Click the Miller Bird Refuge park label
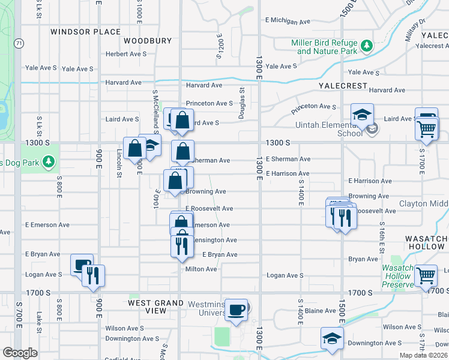pyautogui.click(x=324, y=47)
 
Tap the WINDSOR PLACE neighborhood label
pyautogui.click(x=85, y=32)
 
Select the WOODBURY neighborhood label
pyautogui.click(x=148, y=41)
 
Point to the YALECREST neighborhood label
pyautogui.click(x=343, y=86)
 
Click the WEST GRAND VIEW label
pyautogui.click(x=156, y=307)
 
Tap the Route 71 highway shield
pyautogui.click(x=20, y=43)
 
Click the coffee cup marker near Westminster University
pyautogui.click(x=237, y=310)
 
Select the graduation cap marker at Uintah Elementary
pyautogui.click(x=363, y=115)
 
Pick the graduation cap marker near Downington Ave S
pyautogui.click(x=332, y=339)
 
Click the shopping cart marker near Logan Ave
pyautogui.click(x=426, y=275)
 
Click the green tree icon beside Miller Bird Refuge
pyautogui.click(x=366, y=46)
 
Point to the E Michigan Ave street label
pyautogui.click(x=288, y=21)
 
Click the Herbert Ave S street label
pyautogui.click(x=126, y=53)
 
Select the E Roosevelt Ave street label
pyautogui.click(x=209, y=208)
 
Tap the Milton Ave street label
pyautogui.click(x=201, y=269)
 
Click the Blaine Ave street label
pyautogui.click(x=321, y=311)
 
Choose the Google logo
pyautogui.click(x=19, y=352)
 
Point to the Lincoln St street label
pyautogui.click(x=119, y=167)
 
